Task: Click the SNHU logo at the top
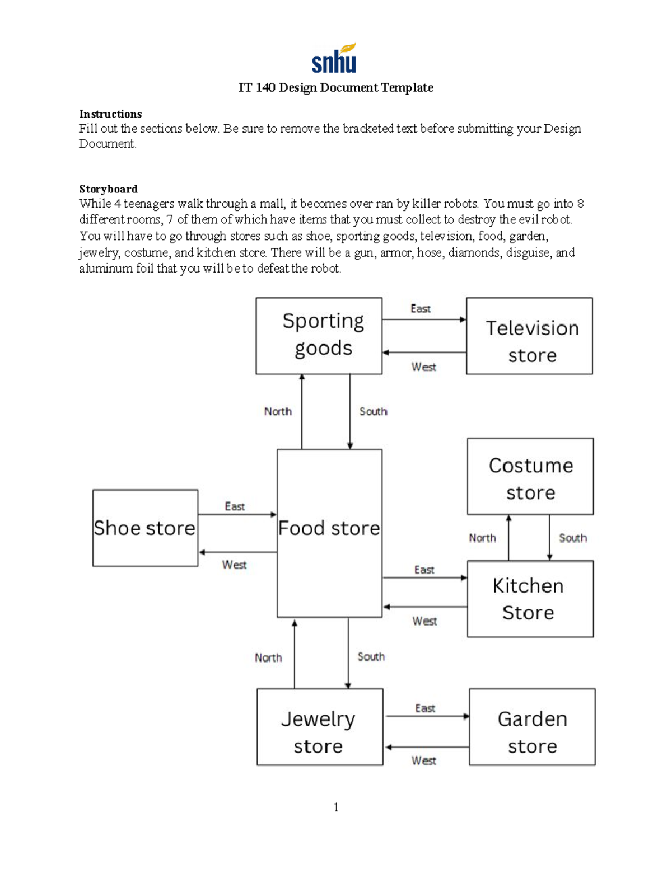[x=334, y=59]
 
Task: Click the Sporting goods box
[x=319, y=336]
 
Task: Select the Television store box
[x=529, y=336]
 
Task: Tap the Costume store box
[x=530, y=476]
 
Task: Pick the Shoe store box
[x=145, y=528]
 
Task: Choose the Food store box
[x=329, y=533]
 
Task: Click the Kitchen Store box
[x=530, y=599]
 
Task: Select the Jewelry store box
[x=320, y=727]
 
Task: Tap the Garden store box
[x=532, y=727]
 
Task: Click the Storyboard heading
[x=108, y=189]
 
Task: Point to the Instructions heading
[x=110, y=114]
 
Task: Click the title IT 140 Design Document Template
[x=335, y=88]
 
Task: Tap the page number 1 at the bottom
[x=336, y=807]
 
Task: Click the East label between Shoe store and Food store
[x=235, y=506]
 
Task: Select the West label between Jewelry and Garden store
[x=423, y=760]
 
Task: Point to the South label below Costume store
[x=572, y=538]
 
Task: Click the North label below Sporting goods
[x=278, y=411]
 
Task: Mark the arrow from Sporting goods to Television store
[x=424, y=320]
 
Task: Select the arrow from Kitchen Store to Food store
[x=425, y=607]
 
